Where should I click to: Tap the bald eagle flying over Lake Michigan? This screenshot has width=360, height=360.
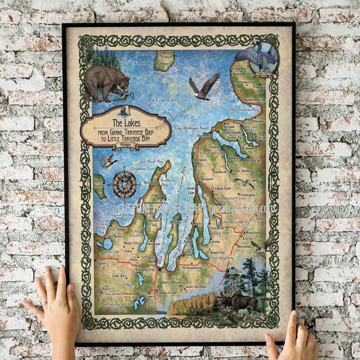pyautogui.click(x=204, y=86)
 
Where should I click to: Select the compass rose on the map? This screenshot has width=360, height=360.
pyautogui.click(x=124, y=184)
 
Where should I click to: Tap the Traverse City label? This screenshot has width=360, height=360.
pyautogui.click(x=145, y=270)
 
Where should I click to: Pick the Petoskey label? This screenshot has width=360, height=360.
pyautogui.click(x=258, y=122)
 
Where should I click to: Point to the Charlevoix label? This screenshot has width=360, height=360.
pyautogui.click(x=204, y=135)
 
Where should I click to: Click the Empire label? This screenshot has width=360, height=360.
pyautogui.click(x=100, y=263)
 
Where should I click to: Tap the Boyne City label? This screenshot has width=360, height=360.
pyautogui.click(x=253, y=161)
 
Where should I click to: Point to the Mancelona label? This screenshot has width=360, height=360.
pyautogui.click(x=253, y=233)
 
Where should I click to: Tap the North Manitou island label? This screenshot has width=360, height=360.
pyautogui.click(x=98, y=183)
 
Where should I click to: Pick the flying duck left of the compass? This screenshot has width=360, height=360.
pyautogui.click(x=109, y=161)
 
